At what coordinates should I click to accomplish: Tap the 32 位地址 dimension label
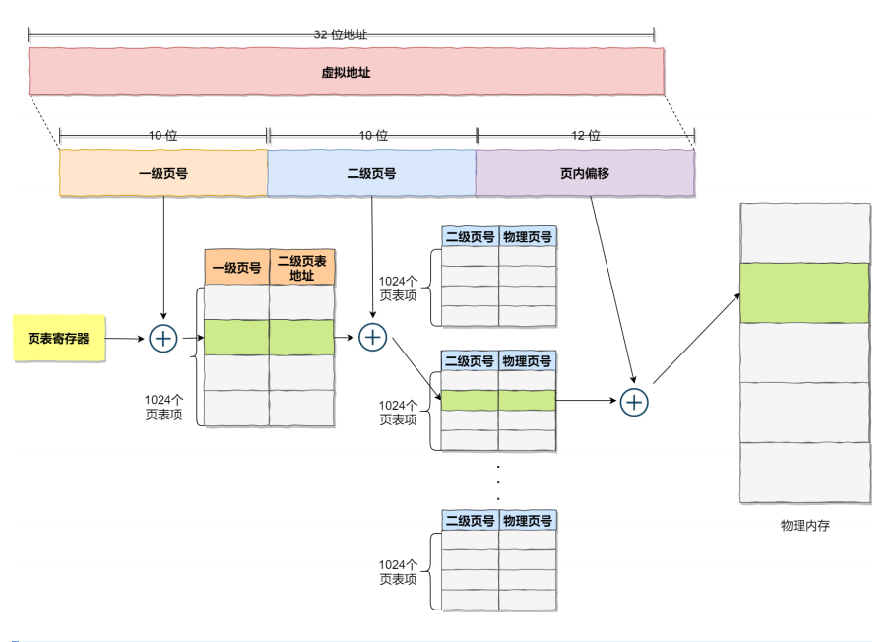tap(341, 33)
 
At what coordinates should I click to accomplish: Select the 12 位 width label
tap(586, 136)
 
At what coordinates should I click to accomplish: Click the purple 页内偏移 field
tap(586, 172)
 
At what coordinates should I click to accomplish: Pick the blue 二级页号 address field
tap(371, 172)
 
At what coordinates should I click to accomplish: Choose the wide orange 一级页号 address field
tap(163, 172)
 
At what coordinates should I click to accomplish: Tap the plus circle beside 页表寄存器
tap(162, 339)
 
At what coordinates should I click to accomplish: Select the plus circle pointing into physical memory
tap(635, 401)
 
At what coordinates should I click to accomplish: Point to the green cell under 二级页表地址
tap(301, 337)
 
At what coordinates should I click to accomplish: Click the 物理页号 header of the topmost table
tap(528, 236)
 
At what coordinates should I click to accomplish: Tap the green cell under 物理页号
tap(528, 400)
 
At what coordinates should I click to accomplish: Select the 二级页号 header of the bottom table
tap(469, 520)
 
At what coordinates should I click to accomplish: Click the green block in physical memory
tap(804, 292)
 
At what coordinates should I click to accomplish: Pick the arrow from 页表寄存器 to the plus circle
tap(125, 339)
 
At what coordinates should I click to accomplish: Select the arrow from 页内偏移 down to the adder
tap(610, 286)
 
